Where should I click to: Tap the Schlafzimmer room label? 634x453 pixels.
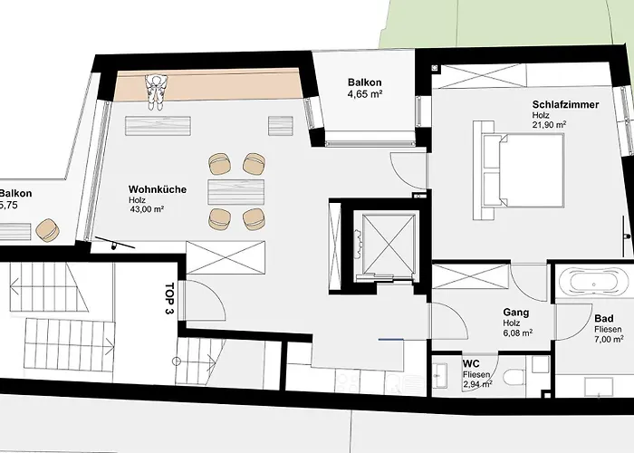(565, 105)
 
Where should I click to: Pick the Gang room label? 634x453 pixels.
(515, 313)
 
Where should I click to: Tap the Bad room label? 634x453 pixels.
(604, 319)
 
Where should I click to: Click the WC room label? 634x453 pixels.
(471, 363)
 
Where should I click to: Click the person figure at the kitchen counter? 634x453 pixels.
(157, 91)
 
